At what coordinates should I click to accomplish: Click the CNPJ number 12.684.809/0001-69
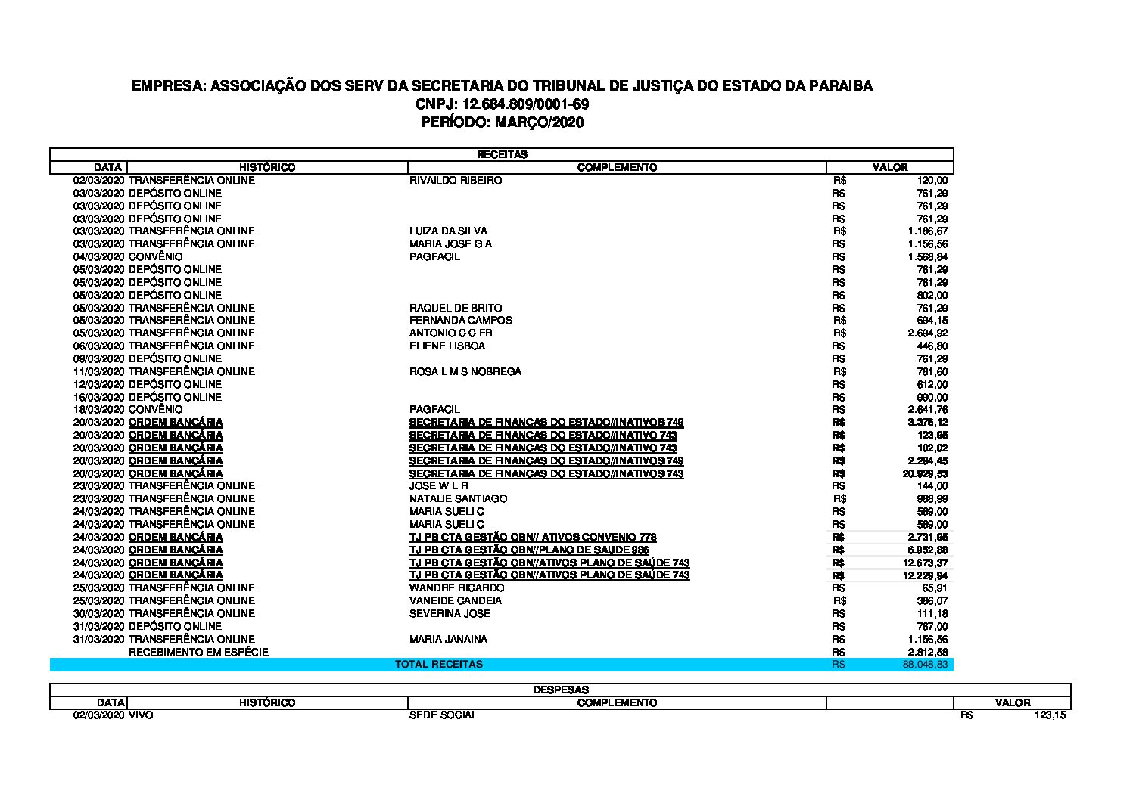tap(502, 104)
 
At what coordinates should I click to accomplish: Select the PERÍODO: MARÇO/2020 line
tap(502, 122)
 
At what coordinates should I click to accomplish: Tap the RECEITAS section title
tap(502, 154)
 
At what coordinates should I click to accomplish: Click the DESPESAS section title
tap(561, 690)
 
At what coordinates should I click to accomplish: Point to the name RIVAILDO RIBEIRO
tap(456, 181)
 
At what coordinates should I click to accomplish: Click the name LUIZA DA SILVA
tap(448, 231)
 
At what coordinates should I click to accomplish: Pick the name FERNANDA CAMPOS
tap(460, 321)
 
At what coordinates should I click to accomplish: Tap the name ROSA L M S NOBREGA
tap(465, 371)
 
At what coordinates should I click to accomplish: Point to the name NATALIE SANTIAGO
tap(458, 499)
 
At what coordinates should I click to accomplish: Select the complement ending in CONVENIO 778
tap(533, 537)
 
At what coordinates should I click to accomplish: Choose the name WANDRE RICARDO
tap(456, 588)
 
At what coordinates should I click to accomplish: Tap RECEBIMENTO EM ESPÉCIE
tap(198, 652)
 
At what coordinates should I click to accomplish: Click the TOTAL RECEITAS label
tap(439, 665)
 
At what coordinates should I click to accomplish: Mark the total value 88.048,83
tap(925, 665)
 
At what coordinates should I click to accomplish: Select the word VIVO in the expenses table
tap(141, 715)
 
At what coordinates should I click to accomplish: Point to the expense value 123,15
tap(1050, 715)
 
